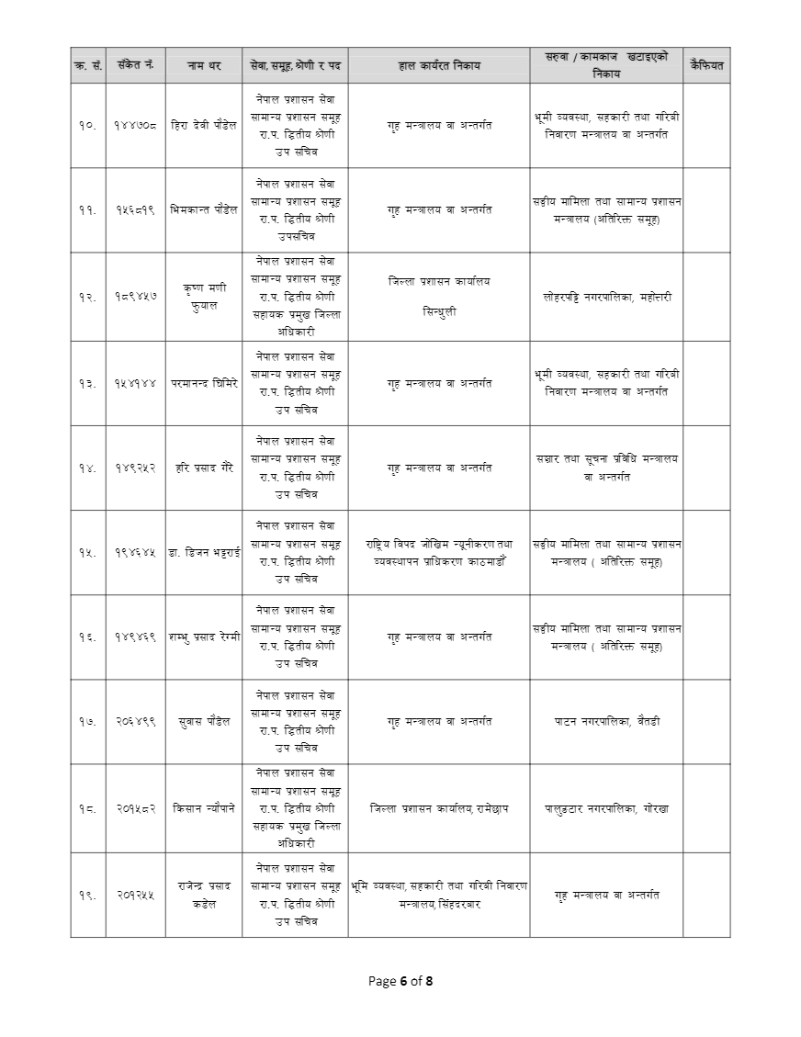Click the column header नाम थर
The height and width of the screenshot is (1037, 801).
pyautogui.click(x=204, y=66)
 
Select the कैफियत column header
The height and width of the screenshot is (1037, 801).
pyautogui.click(x=705, y=66)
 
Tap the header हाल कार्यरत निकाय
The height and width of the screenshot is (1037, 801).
pyautogui.click(x=439, y=66)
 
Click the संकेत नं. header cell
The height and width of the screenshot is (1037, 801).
pyautogui.click(x=136, y=66)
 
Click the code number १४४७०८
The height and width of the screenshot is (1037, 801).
pyautogui.click(x=136, y=125)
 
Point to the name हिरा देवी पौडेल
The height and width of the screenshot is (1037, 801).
pyautogui.click(x=204, y=125)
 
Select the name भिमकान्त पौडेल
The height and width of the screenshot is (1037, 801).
pyautogui.click(x=204, y=209)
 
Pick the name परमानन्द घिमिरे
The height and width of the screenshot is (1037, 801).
pyautogui.click(x=204, y=383)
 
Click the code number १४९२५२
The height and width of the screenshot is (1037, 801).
pyautogui.click(x=136, y=468)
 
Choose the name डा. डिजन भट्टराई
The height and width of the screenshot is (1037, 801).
pyautogui.click(x=204, y=552)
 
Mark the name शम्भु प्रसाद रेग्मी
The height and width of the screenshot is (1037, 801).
pyautogui.click(x=204, y=637)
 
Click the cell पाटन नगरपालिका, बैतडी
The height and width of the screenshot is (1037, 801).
pyautogui.click(x=606, y=721)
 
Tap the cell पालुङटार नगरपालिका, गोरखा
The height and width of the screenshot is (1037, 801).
pyautogui.click(x=606, y=809)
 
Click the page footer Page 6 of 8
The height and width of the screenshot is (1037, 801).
pyautogui.click(x=400, y=981)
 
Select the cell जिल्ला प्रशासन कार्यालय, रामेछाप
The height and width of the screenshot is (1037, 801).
pyautogui.click(x=439, y=809)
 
